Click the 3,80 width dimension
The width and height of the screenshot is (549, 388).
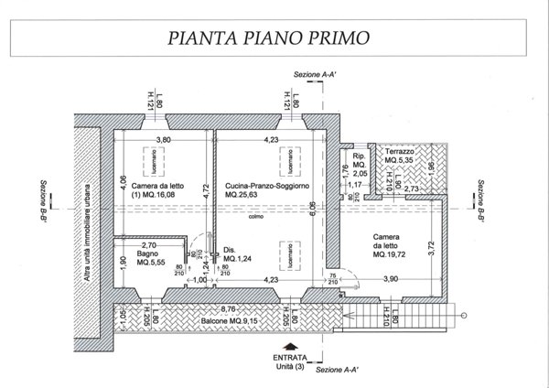(x=163, y=140)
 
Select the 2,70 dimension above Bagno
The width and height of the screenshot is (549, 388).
(x=148, y=244)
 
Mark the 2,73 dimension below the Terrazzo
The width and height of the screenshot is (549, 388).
(x=411, y=188)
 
